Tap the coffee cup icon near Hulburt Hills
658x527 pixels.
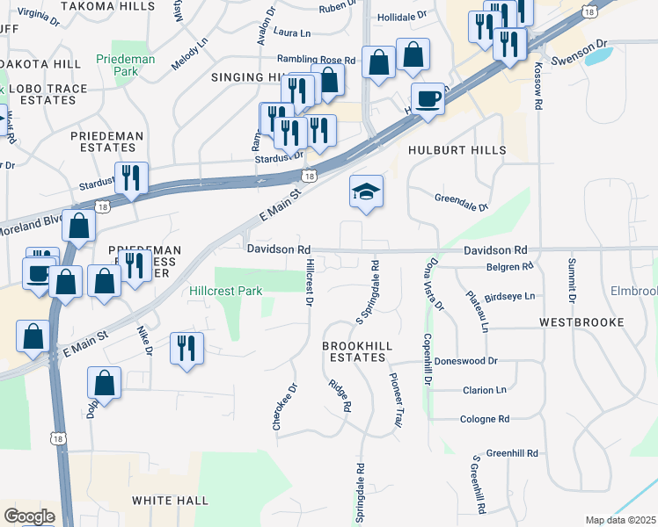click(428, 98)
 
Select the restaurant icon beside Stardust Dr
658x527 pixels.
click(131, 177)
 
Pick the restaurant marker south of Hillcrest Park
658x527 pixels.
click(186, 348)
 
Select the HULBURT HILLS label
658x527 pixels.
click(457, 150)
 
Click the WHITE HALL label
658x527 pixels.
click(171, 500)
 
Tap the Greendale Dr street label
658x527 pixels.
click(461, 202)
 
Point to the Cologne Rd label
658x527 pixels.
click(485, 419)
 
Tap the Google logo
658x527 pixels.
click(29, 516)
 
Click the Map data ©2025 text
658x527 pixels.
click(620, 520)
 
